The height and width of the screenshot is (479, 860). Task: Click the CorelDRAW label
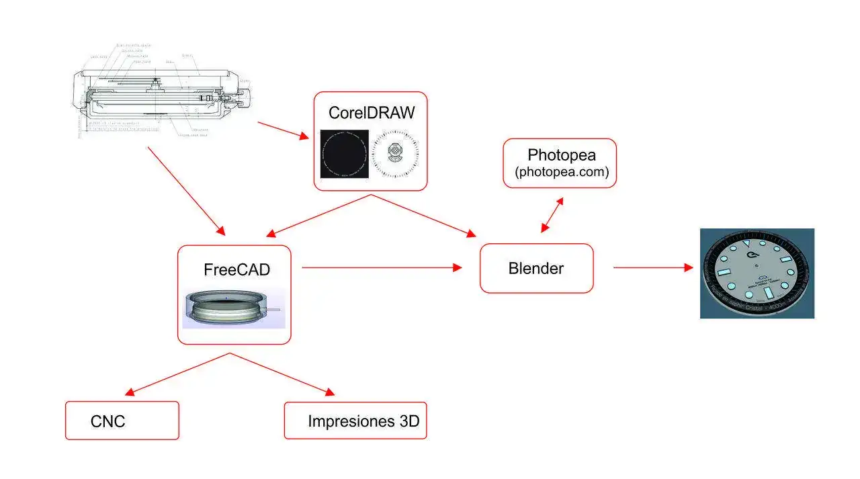pyautogui.click(x=372, y=113)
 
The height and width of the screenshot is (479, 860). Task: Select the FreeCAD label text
pyautogui.click(x=236, y=270)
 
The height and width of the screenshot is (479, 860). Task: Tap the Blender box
pyautogui.click(x=536, y=269)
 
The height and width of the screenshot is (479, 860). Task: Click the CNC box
pyautogui.click(x=122, y=421)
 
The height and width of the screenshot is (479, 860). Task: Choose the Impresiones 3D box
pyautogui.click(x=355, y=421)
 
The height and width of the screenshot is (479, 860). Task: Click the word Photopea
pyautogui.click(x=561, y=155)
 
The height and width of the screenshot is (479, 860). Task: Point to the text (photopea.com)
pyautogui.click(x=562, y=172)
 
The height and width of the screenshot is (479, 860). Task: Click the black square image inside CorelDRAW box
pyautogui.click(x=344, y=154)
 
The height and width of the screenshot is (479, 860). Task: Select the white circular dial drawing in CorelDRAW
pyautogui.click(x=396, y=154)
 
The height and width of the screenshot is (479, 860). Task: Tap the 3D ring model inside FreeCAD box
pyautogui.click(x=233, y=308)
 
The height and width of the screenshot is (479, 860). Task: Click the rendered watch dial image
pyautogui.click(x=757, y=273)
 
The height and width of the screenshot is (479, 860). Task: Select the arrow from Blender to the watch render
pyautogui.click(x=652, y=267)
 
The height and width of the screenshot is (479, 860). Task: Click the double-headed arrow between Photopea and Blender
pyautogui.click(x=552, y=215)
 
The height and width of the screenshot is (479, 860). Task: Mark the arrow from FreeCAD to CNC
pyautogui.click(x=178, y=374)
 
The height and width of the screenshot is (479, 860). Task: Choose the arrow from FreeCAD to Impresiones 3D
pyautogui.click(x=282, y=374)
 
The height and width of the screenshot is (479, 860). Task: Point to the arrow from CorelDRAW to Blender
pyautogui.click(x=423, y=216)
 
